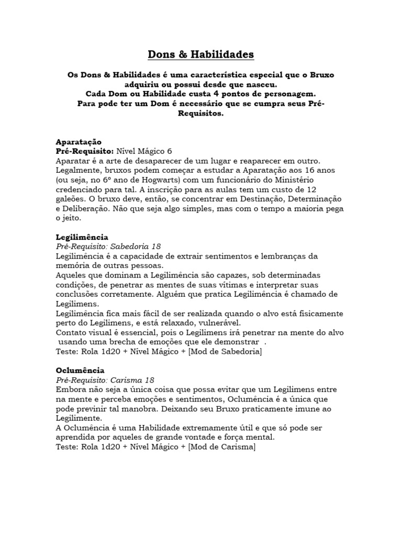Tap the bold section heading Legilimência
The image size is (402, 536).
[x=82, y=237]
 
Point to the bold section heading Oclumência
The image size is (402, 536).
[x=80, y=370]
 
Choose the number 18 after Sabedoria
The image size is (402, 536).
[x=155, y=247]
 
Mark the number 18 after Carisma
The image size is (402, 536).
[x=149, y=379]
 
